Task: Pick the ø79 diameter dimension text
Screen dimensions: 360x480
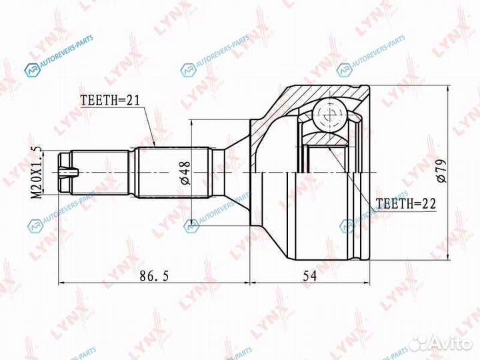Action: [x=441, y=172]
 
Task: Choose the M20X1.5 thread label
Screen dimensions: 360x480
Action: [x=37, y=171]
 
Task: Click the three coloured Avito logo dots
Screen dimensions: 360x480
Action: [x=419, y=343]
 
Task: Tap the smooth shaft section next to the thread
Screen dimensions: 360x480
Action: [x=104, y=172]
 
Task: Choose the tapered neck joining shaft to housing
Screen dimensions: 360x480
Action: [x=235, y=172]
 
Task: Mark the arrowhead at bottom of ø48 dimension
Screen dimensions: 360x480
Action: [x=193, y=219]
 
